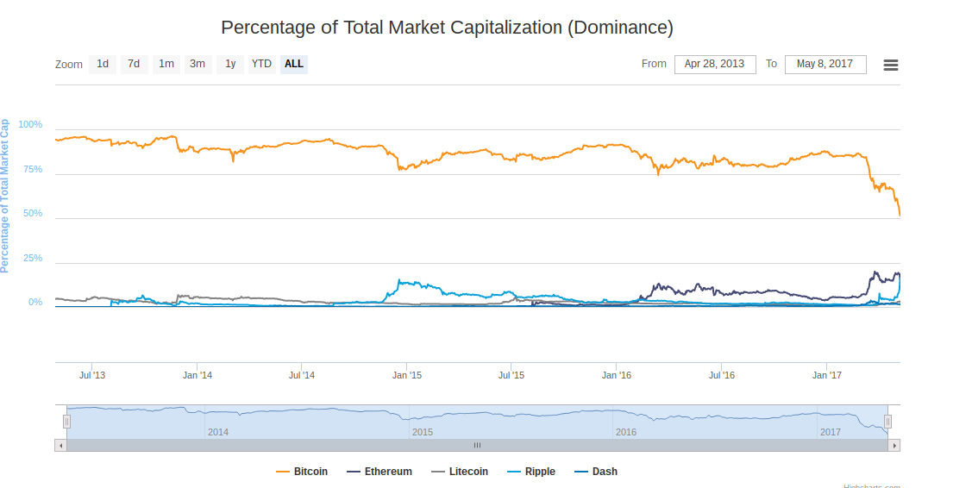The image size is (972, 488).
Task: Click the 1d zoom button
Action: pos(103,64)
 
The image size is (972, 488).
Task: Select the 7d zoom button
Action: pos(134,64)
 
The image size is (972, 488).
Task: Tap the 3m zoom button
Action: pos(198,64)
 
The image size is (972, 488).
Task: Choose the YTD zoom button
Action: pos(261,64)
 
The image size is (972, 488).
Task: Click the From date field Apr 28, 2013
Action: pos(715,64)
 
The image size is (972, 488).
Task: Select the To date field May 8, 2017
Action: pos(825,64)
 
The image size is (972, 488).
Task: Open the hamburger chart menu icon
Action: pos(891,65)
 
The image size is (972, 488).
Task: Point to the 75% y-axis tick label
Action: pos(33,169)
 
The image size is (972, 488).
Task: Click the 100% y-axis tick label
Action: pos(30,125)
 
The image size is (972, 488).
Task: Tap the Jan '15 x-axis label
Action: pos(406,375)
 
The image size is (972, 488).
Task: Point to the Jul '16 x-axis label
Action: pos(721,375)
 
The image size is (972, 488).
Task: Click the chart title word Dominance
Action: pos(619,27)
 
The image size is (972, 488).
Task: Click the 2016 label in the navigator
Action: pos(626,432)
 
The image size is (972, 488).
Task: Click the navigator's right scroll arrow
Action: pos(894,445)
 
